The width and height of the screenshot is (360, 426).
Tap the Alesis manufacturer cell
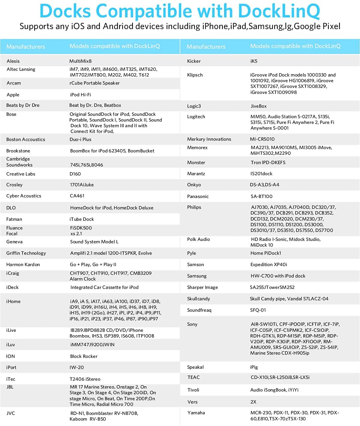(x=13, y=61)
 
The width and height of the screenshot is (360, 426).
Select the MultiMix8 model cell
(x=80, y=61)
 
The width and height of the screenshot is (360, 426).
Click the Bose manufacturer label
(x=11, y=114)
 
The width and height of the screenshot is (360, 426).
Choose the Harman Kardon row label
(x=23, y=265)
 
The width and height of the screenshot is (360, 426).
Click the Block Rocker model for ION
(x=84, y=356)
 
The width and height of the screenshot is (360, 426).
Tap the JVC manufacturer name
(x=11, y=413)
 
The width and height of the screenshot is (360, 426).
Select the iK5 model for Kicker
(x=254, y=61)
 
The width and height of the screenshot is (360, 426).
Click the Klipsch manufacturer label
(x=195, y=75)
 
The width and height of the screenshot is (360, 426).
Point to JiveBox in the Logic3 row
(x=259, y=106)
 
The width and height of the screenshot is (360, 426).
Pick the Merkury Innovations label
(x=209, y=139)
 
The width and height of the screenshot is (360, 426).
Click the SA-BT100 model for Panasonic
(x=262, y=196)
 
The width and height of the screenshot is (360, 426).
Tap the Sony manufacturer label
(x=192, y=324)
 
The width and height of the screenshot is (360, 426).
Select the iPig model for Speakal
(x=254, y=367)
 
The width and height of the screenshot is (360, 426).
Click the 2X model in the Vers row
(x=253, y=402)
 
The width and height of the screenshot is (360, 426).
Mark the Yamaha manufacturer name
(x=196, y=413)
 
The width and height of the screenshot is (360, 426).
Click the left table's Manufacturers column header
(x=26, y=47)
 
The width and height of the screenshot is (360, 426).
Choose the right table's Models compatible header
(x=295, y=46)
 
